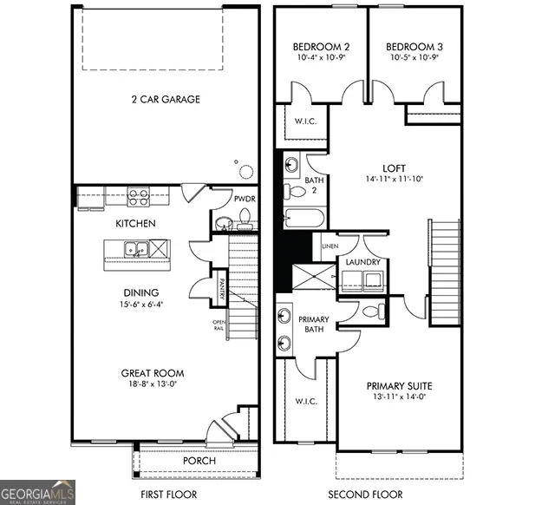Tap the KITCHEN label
click(135, 224)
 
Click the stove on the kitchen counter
click(138, 196)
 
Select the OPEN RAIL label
click(219, 326)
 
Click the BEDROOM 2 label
click(321, 46)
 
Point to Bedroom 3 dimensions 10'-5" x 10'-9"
click(413, 57)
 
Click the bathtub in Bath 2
click(304, 218)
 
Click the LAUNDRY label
click(362, 261)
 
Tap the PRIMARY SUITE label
click(399, 385)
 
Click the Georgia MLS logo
click(38, 491)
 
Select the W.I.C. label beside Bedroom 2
click(304, 121)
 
